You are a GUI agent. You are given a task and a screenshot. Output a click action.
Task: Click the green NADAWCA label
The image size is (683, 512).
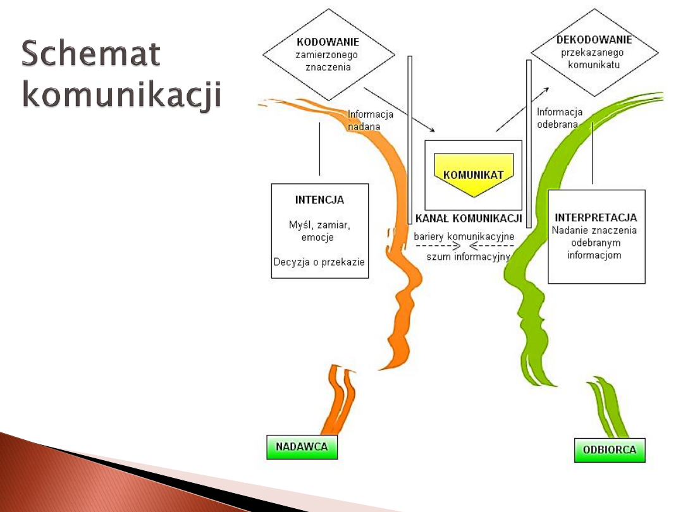click(302, 447)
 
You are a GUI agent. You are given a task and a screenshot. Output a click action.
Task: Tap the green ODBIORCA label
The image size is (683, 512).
click(610, 450)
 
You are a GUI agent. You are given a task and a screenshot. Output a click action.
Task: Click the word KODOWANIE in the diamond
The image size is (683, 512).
click(328, 42)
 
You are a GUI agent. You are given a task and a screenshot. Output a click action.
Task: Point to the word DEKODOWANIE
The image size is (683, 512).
click(594, 39)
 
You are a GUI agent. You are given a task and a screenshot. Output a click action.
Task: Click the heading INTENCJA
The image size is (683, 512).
click(319, 200)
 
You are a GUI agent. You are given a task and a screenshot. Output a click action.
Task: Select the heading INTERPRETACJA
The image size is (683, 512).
click(596, 217)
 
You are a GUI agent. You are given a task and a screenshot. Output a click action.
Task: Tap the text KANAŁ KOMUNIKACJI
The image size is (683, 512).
click(469, 219)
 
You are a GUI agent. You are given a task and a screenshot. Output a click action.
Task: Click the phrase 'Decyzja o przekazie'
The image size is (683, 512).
click(319, 262)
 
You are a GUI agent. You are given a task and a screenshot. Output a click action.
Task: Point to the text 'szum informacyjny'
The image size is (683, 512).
click(469, 257)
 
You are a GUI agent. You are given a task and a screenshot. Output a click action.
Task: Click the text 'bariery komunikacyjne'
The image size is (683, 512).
click(464, 236)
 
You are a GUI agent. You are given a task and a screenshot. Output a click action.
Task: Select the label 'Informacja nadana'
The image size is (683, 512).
click(370, 120)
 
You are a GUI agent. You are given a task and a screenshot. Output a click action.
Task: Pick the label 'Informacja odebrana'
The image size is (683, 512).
click(559, 118)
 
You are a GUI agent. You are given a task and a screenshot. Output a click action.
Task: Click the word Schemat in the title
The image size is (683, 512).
click(91, 54)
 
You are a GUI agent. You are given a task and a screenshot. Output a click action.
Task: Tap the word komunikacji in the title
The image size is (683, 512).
click(122, 95)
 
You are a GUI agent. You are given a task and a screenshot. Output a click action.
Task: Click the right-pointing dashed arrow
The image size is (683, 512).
click(438, 246)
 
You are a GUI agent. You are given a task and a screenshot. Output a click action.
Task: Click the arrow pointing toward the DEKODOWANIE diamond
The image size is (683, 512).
click(522, 110)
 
